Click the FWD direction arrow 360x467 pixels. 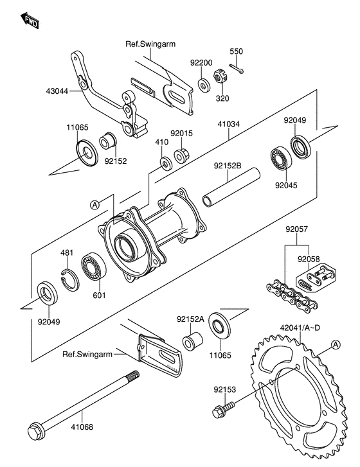coord(30,21)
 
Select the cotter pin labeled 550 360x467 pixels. coord(237,69)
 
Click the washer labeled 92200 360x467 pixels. coord(204,85)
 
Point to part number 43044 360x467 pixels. coord(57,91)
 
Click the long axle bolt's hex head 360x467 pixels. coord(36,430)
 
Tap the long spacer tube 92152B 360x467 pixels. coord(231,187)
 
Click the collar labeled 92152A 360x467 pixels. coord(192,340)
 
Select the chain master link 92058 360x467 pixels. coord(316,278)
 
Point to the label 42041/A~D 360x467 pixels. coord(300,328)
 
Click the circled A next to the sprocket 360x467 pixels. coord(336,344)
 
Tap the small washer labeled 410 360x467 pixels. coord(166,164)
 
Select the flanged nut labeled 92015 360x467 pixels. coord(182,155)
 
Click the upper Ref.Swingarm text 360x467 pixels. coord(150,44)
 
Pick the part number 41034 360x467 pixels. coord(229,123)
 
